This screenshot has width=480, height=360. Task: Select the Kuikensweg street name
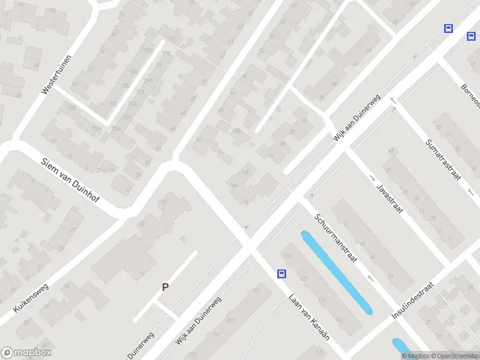[x=31, y=298]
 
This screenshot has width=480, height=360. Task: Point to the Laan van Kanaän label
[x=309, y=317]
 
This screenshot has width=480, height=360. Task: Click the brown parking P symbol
[x=165, y=287]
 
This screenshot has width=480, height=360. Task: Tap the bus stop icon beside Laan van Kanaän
[x=281, y=274]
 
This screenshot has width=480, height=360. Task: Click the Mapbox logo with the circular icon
[x=26, y=353]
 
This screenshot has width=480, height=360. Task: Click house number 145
[x=290, y=257]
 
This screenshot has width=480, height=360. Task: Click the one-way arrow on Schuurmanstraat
[x=371, y=278]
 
